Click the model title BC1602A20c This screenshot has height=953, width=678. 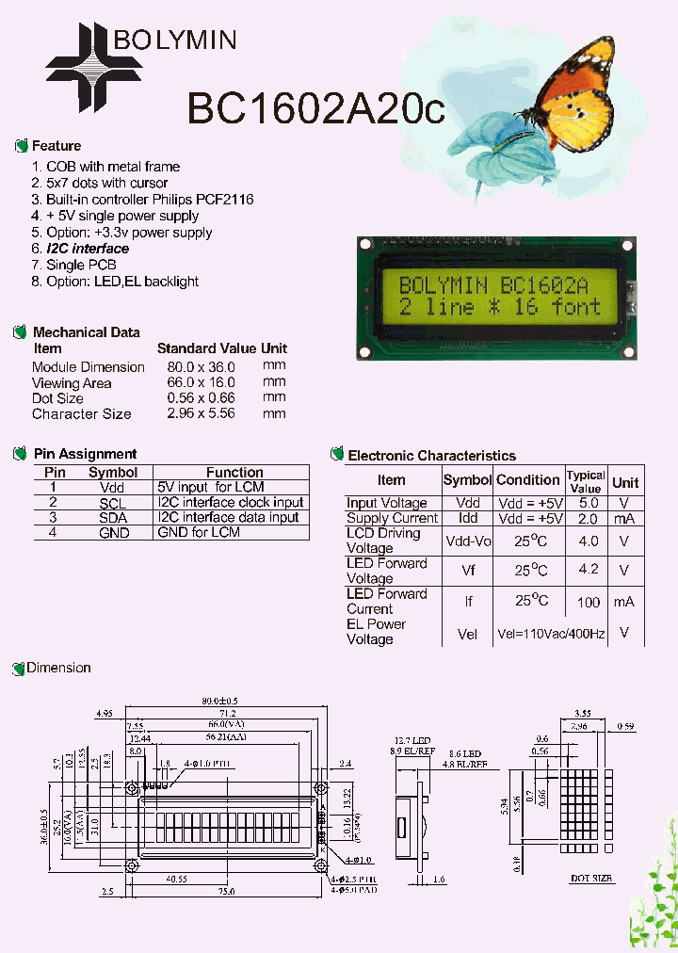click(315, 108)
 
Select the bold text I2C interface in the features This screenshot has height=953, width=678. click(88, 249)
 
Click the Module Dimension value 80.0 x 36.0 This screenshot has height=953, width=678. click(201, 366)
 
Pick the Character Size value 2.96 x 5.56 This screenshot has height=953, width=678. click(201, 413)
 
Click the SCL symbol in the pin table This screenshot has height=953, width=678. click(112, 503)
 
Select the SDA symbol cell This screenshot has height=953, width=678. click(112, 517)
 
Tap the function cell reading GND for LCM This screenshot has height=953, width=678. click(199, 532)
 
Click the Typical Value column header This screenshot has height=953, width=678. click(586, 481)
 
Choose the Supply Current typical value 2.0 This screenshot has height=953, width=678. click(589, 518)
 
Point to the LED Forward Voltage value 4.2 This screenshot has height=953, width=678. click(589, 570)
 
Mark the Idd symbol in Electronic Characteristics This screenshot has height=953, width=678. click(467, 518)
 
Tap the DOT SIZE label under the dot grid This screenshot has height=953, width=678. click(592, 878)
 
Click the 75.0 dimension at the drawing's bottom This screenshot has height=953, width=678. click(226, 891)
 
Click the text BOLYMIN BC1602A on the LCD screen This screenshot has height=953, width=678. click(493, 284)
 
